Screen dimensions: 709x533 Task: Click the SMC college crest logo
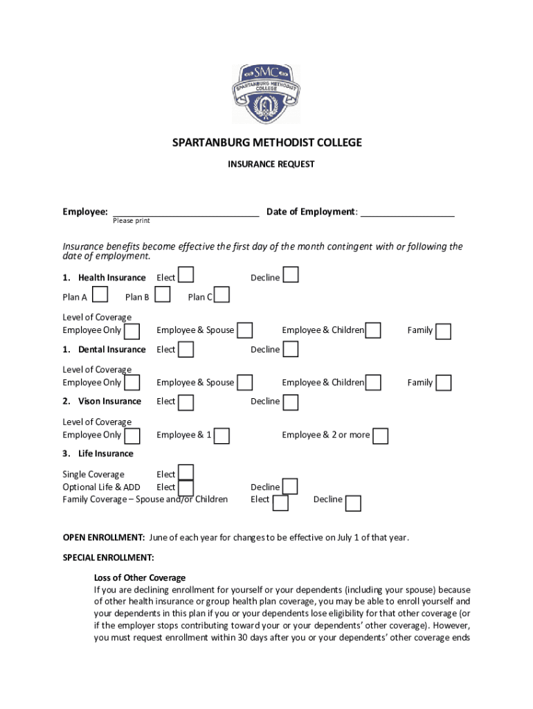tap(266, 93)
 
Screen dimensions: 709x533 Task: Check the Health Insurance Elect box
tap(186, 276)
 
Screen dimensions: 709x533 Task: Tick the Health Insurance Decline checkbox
tap(291, 276)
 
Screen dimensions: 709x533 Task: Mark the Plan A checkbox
tap(100, 296)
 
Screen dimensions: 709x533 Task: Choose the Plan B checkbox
tap(163, 296)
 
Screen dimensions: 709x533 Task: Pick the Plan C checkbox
tap(222, 296)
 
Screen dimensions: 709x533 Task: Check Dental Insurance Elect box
tap(186, 349)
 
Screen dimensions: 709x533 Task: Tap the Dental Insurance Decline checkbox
tap(291, 349)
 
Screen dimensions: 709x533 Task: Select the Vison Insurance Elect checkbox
tap(186, 402)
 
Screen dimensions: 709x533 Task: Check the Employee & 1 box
tap(222, 436)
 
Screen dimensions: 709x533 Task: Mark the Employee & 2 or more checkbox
tap(380, 436)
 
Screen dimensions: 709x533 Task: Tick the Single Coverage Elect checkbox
tap(186, 473)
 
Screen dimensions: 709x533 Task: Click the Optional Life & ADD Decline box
tap(291, 487)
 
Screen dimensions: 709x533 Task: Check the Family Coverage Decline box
tap(353, 503)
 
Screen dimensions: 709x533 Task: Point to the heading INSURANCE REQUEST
tap(271, 164)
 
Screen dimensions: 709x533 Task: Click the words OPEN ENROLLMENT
tap(104, 537)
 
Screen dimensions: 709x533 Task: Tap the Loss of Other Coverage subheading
tap(139, 577)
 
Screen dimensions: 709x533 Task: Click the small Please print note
tap(132, 221)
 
